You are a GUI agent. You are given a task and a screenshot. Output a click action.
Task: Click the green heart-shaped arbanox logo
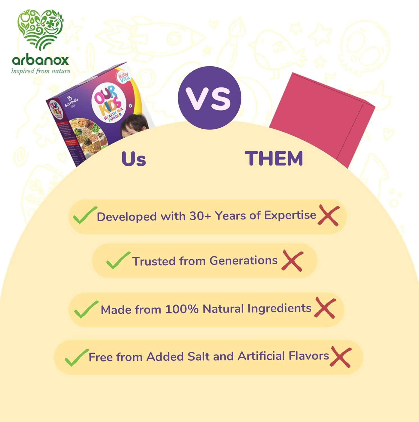coord(40,29)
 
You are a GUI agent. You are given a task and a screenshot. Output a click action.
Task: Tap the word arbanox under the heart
coord(40,60)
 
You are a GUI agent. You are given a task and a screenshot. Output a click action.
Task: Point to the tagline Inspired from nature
coord(40,71)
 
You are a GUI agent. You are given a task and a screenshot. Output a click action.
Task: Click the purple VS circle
coord(209,98)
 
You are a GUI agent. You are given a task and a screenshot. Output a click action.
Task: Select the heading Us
coord(133,159)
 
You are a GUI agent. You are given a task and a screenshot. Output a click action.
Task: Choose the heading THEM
coord(274,158)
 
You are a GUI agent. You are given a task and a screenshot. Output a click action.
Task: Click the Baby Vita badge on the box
coord(123,77)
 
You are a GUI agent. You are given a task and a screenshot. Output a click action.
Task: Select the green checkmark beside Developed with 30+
coord(85,215)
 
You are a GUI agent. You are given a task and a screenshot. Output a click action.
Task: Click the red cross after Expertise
coord(329,216)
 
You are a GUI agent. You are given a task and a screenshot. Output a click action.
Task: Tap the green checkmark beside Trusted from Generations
coord(118,260)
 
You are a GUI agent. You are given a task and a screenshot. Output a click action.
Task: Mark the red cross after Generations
coord(293,261)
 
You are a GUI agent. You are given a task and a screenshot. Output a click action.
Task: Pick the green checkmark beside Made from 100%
coord(86,309)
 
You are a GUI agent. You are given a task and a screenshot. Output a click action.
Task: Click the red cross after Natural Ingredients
coord(325,308)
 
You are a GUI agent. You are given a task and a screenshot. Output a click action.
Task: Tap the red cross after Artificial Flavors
coord(341,357)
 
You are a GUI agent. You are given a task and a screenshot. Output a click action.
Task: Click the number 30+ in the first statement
coord(200,216)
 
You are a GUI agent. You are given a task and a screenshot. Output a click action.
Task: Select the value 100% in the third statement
coord(182,309)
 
